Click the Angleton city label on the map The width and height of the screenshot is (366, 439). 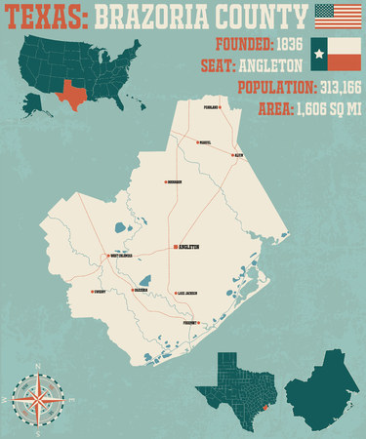point(188,247)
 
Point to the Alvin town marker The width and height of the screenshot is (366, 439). point(231,154)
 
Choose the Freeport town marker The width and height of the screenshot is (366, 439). point(197,322)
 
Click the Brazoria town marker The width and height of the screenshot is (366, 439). point(133,289)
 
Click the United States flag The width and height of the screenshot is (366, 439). point(337,17)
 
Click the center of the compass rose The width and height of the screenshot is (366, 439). point(38,400)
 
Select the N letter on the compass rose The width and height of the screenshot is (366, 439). point(38,367)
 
